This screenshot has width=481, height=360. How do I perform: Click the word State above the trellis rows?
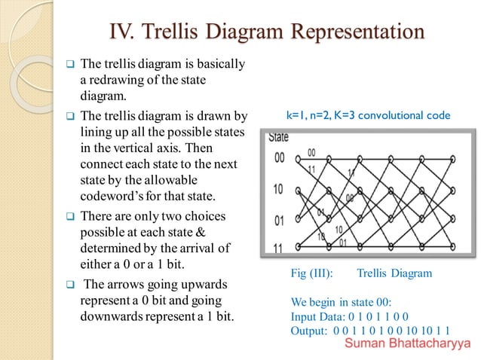pyautogui.click(x=279, y=138)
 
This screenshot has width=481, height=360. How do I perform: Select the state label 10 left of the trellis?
pyautogui.click(x=277, y=189)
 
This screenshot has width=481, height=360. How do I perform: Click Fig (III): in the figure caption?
pyautogui.click(x=312, y=273)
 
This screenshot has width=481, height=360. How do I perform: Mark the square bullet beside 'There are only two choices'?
pyautogui.click(x=68, y=216)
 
